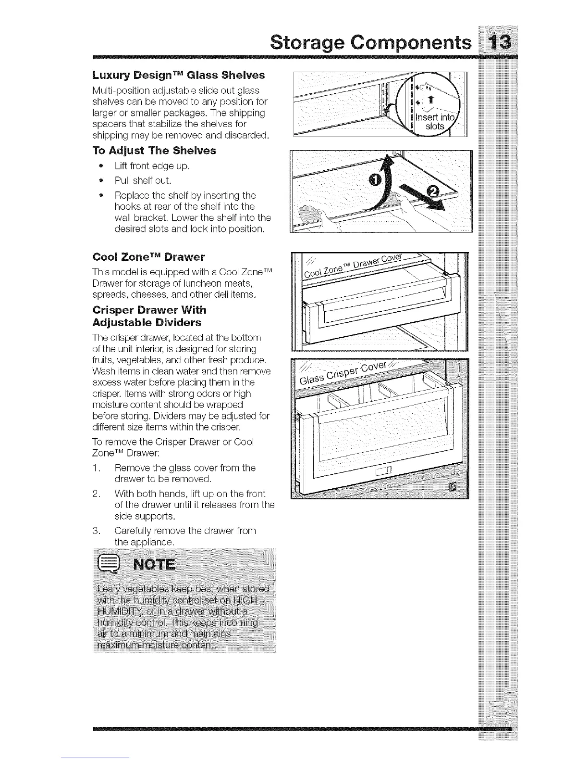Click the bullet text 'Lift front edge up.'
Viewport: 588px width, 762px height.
[x=152, y=166]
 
